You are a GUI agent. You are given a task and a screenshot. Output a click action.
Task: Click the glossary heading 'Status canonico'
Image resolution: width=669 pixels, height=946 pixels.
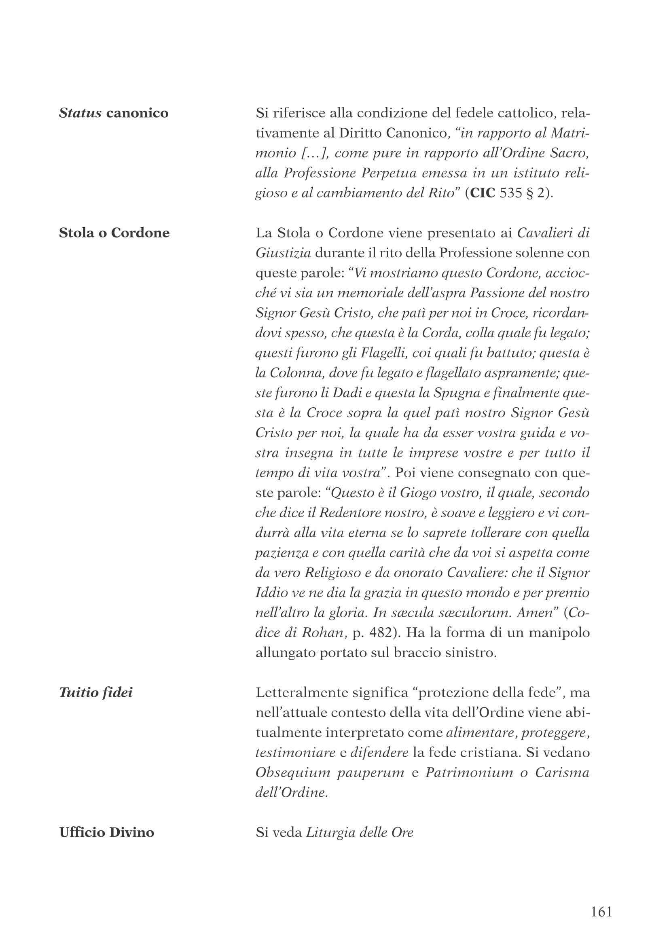[x=114, y=113]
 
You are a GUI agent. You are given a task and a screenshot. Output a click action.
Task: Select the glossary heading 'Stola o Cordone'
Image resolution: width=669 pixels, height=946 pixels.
[x=114, y=233]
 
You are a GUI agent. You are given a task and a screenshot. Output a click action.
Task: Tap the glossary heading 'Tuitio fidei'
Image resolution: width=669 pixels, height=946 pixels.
[x=96, y=692]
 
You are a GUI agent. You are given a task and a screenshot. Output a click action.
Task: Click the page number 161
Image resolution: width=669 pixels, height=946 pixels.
[x=601, y=912]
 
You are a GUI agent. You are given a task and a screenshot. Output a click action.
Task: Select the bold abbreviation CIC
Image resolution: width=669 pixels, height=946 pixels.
[x=483, y=193]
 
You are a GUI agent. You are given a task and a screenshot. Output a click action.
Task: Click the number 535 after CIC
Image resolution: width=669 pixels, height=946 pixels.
[x=511, y=193]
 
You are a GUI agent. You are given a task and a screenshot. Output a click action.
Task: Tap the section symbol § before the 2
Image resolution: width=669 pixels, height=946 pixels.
[x=530, y=193]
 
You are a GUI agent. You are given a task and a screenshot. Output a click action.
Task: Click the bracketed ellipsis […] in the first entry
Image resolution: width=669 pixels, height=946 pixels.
[x=314, y=153]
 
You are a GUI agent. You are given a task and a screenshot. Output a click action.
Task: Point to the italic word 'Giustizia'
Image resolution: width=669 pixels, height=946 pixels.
[x=284, y=252]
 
